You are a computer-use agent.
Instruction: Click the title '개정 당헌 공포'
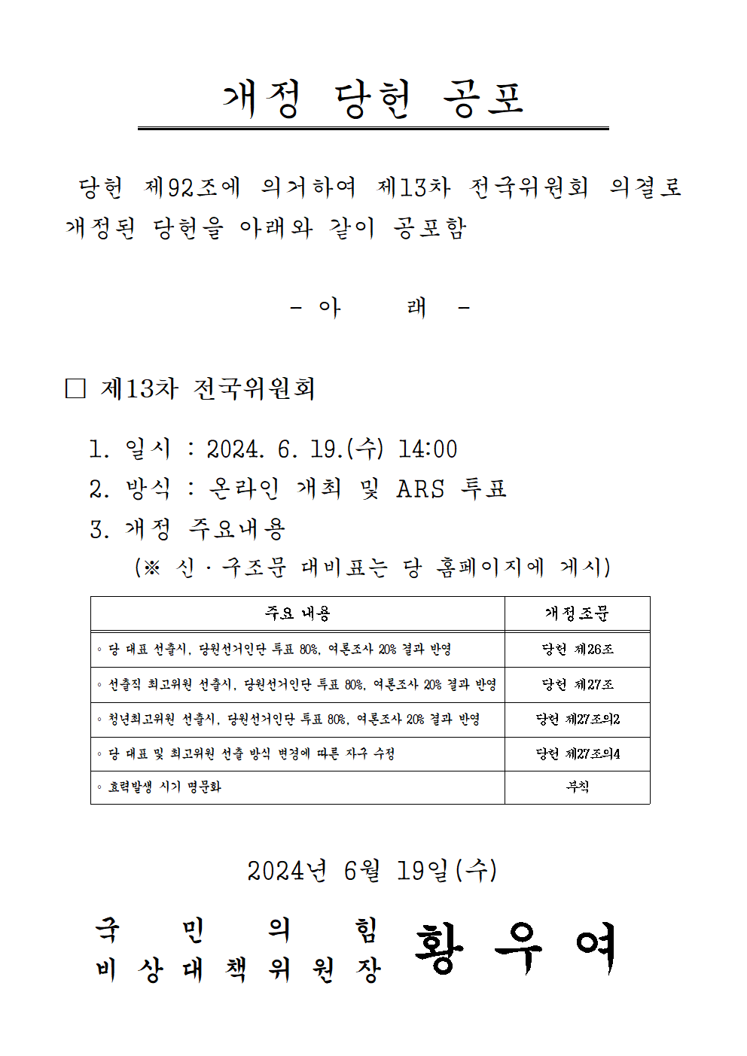click(373, 99)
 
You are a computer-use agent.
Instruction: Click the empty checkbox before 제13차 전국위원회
click(75, 388)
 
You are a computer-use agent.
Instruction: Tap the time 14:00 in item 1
click(427, 449)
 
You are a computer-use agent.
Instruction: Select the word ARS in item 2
click(420, 489)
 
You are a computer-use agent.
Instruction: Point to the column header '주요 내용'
click(297, 613)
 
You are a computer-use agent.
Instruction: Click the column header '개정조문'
click(577, 613)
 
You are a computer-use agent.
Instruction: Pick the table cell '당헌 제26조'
click(578, 649)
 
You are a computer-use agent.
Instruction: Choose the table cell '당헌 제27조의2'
click(578, 719)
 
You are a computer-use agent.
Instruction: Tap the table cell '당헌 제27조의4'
click(578, 753)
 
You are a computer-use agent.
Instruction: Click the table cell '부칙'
click(578, 787)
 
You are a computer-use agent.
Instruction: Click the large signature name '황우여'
click(516, 948)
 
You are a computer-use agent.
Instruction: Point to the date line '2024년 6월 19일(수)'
click(372, 871)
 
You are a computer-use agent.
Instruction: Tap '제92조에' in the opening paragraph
click(192, 187)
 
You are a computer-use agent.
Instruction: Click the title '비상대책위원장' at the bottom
click(238, 969)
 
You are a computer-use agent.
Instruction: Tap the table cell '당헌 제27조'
click(578, 684)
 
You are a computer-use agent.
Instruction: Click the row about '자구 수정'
click(252, 753)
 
